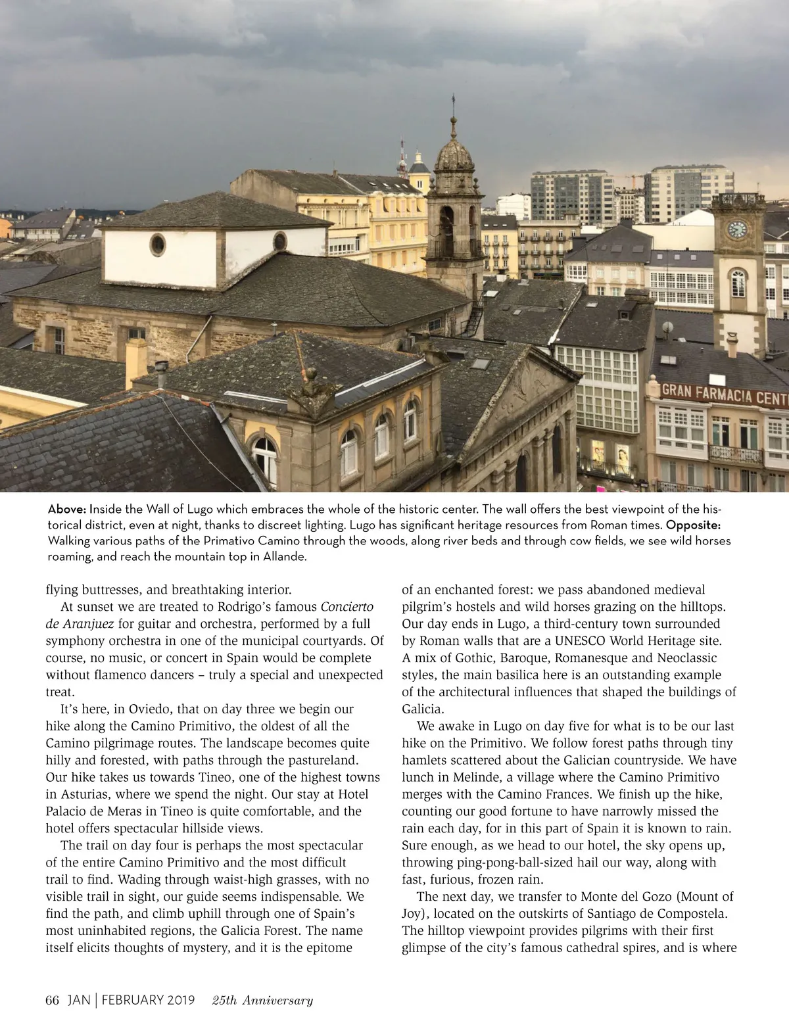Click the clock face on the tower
click(737, 229)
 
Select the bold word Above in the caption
click(67, 510)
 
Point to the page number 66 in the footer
click(53, 1000)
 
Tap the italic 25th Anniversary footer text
click(262, 1000)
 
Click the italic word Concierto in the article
click(347, 607)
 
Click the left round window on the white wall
click(157, 245)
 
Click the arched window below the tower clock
click(738, 283)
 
